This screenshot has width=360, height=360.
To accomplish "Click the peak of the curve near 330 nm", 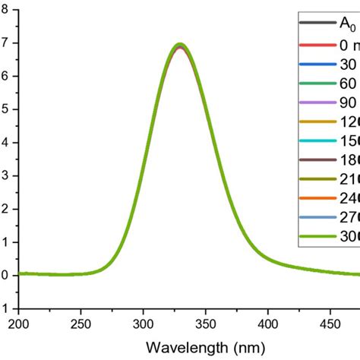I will (x=180, y=45).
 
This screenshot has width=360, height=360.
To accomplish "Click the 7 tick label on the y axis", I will (x=6, y=43).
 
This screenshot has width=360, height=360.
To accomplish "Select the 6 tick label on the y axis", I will (x=6, y=76).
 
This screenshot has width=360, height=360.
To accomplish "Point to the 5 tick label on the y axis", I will (x=6, y=109).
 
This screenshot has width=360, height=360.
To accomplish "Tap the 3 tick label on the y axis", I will (x=6, y=175).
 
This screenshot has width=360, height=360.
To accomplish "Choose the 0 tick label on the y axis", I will (x=6, y=275).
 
